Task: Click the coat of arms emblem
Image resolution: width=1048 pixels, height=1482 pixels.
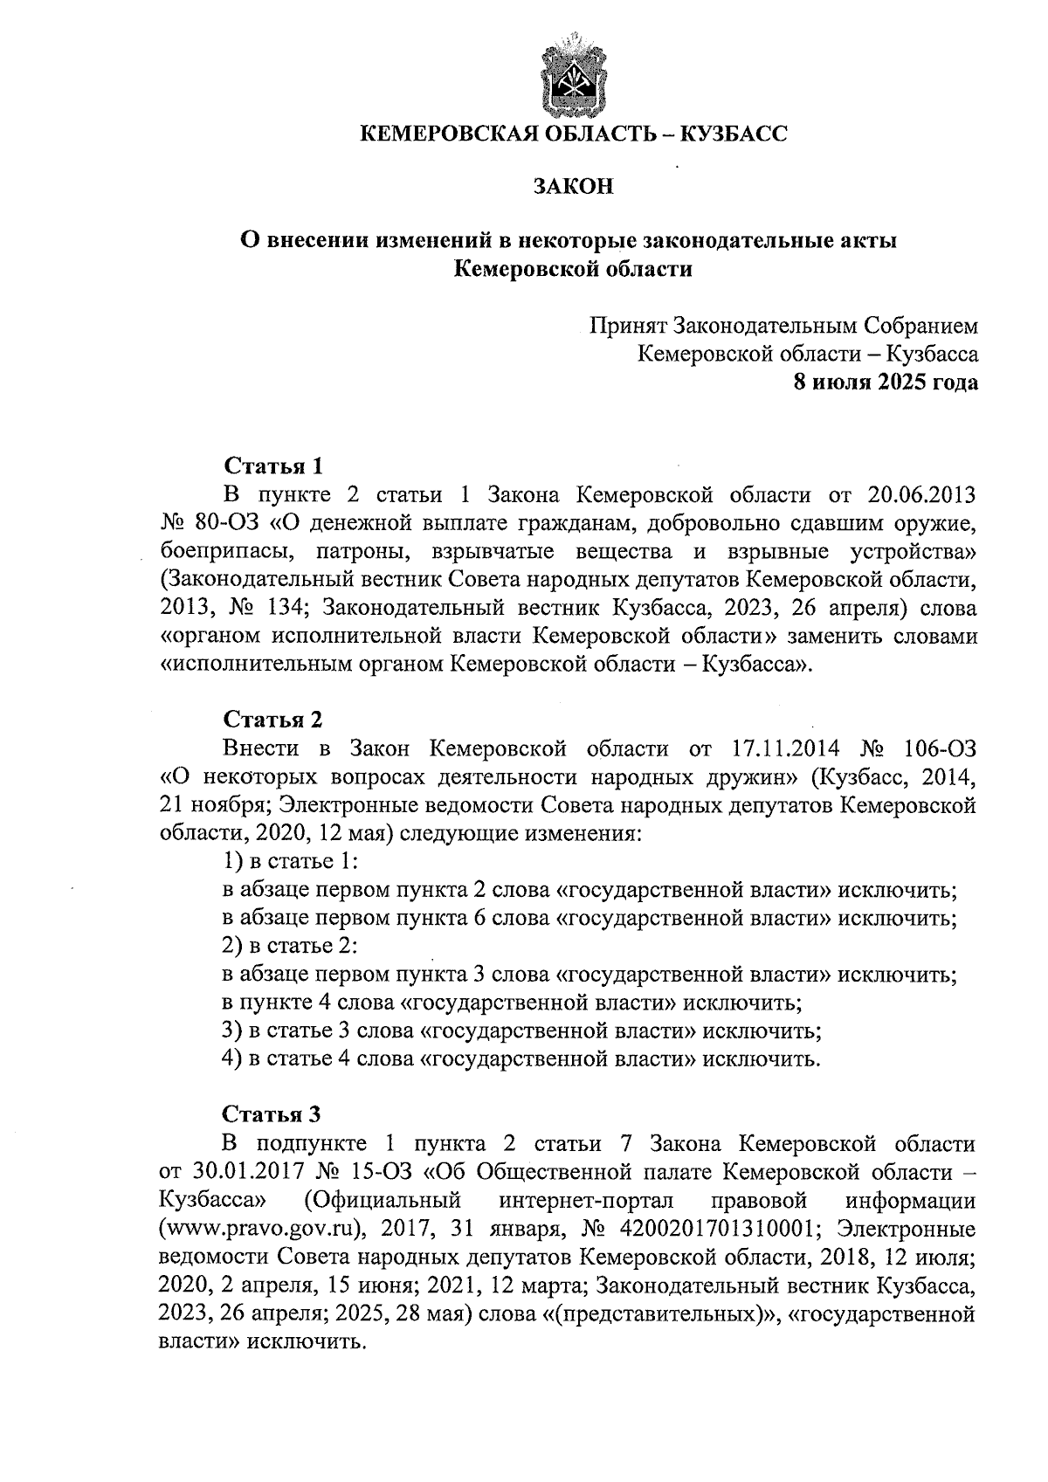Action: (x=574, y=74)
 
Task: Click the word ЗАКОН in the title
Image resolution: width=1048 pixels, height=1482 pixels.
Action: (x=574, y=186)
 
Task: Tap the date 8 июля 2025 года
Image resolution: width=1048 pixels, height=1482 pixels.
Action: (x=885, y=382)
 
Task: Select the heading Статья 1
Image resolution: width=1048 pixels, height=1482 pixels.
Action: (x=273, y=465)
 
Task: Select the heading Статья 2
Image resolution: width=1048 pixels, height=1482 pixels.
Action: (x=273, y=720)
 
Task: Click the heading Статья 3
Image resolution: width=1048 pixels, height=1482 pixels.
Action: (x=273, y=1114)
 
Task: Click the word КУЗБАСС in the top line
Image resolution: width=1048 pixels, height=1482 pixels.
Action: (x=732, y=134)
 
